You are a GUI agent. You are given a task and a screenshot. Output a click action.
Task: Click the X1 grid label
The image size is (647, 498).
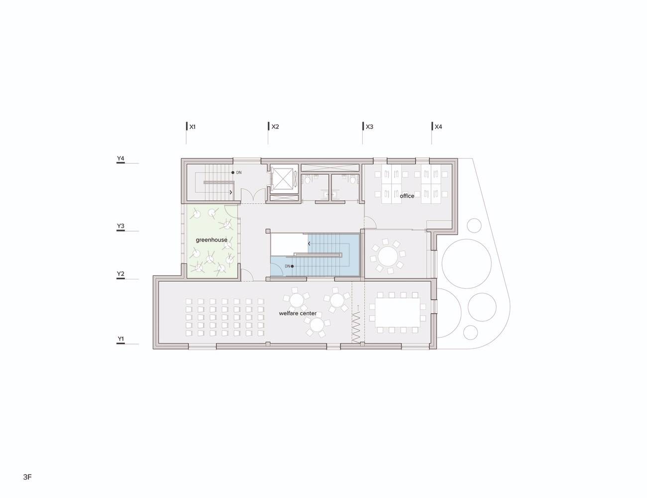[x=192, y=127]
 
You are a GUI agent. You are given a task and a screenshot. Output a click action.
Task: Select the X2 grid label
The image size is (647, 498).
[x=275, y=126]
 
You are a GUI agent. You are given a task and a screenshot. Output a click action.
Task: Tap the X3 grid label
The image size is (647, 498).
[x=369, y=126]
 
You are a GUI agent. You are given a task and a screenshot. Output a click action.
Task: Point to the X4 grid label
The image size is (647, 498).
[x=438, y=126]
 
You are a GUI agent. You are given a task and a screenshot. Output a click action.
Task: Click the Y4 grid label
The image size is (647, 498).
[x=120, y=158]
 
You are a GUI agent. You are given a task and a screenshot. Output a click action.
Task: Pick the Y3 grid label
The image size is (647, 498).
[x=120, y=226]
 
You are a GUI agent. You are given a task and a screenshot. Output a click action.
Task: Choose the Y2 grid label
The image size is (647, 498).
[x=120, y=274]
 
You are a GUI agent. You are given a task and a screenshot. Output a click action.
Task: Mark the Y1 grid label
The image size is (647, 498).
[x=120, y=339]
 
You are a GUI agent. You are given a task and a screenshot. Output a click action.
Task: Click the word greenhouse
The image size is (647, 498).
[x=212, y=240]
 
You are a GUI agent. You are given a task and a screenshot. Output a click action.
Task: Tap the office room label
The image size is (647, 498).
[x=407, y=196]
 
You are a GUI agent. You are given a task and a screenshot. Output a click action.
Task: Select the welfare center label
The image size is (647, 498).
[x=298, y=313]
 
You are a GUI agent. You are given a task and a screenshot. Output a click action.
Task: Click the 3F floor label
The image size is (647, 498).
[x=27, y=477]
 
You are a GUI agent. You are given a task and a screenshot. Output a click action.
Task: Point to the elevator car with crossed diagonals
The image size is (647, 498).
[x=284, y=179]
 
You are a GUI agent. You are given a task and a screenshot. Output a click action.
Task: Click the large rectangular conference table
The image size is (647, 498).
[x=398, y=312]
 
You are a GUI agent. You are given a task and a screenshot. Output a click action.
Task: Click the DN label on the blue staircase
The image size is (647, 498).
[x=287, y=266]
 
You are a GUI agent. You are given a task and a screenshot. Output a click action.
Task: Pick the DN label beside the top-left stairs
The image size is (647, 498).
[x=239, y=172]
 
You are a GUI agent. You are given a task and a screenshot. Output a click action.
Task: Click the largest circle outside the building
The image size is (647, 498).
[x=466, y=263]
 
